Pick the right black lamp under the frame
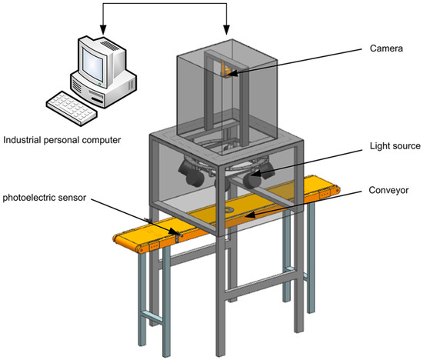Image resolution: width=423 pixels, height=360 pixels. pyautogui.click(x=251, y=179)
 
